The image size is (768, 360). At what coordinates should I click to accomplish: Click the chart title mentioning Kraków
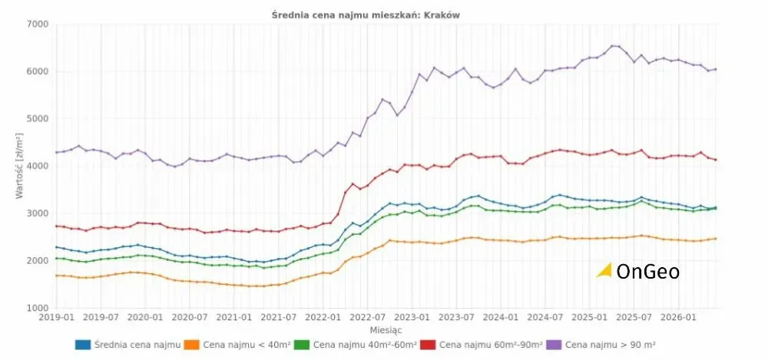pyautogui.click(x=366, y=15)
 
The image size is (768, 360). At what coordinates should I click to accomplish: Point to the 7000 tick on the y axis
pyautogui.click(x=38, y=24)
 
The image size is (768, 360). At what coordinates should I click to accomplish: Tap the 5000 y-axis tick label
pyautogui.click(x=38, y=118)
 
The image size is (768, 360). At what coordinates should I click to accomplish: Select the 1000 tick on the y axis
pyautogui.click(x=38, y=308)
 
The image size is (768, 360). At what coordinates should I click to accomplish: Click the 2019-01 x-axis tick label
pyautogui.click(x=57, y=317)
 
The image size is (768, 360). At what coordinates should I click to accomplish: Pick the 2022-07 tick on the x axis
pyautogui.click(x=367, y=317)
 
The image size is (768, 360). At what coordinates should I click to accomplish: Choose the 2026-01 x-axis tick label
pyautogui.click(x=678, y=317)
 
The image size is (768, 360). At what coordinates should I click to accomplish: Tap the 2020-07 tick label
pyautogui.click(x=190, y=317)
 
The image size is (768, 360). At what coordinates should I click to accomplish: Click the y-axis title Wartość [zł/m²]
pyautogui.click(x=20, y=166)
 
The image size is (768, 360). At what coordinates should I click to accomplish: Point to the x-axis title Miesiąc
pyautogui.click(x=386, y=331)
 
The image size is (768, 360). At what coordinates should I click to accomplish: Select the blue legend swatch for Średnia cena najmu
pyautogui.click(x=83, y=345)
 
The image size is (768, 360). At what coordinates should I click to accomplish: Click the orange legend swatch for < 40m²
pyautogui.click(x=192, y=345)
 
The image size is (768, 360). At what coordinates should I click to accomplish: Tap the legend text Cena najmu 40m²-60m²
pyautogui.click(x=364, y=345)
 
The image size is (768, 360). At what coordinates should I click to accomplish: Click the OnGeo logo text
pyautogui.click(x=648, y=272)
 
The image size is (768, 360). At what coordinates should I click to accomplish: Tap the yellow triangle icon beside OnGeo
pyautogui.click(x=605, y=270)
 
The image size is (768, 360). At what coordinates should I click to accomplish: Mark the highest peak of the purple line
pyautogui.click(x=612, y=46)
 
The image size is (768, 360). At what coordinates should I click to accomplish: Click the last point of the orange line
pyautogui.click(x=716, y=239)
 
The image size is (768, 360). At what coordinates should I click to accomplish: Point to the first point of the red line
pyautogui.click(x=56, y=226)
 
